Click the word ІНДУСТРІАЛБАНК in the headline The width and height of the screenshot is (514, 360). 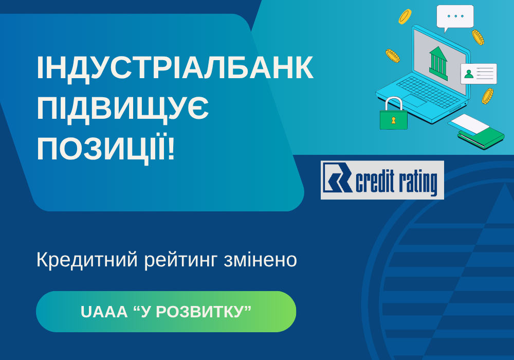coord(175,68)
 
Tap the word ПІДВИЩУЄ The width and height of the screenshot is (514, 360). coord(123,109)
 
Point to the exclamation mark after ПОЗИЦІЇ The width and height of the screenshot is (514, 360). coord(171,148)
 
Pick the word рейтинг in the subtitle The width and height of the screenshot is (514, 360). coord(180,261)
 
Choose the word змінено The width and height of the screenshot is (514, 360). coord(261,260)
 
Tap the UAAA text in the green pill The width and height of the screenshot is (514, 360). coord(104,312)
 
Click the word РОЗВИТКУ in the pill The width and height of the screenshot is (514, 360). coord(198,312)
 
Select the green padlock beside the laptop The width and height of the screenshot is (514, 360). coord(393,113)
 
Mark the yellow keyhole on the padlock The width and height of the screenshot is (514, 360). coord(393,120)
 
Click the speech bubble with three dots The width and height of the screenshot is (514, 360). coord(455,17)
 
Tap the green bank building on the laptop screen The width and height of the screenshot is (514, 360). coord(438,63)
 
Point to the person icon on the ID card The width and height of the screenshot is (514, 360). coord(469,74)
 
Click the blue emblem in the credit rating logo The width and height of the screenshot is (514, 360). coord(338,177)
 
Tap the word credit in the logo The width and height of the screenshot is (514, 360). coord(375,182)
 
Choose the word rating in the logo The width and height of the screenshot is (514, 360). coord(417,183)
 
